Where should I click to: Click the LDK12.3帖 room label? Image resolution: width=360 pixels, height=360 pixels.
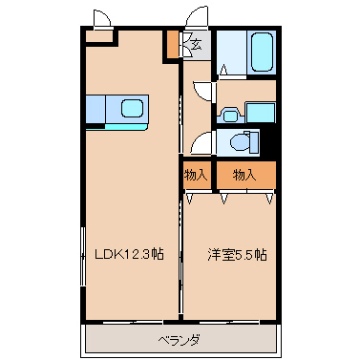pos(130,254)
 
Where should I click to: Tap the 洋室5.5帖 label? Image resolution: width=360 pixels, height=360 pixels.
pos(237,255)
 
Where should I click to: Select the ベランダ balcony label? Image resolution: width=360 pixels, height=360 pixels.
pos(180,341)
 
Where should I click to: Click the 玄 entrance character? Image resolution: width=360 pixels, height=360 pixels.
pos(197,45)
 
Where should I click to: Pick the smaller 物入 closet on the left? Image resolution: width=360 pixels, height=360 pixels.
pos(197,175)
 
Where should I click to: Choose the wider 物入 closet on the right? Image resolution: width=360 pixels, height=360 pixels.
pos(246,175)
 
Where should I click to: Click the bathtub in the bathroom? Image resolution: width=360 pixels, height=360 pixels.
pos(262,52)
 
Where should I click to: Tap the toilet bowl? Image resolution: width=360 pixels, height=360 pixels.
pos(241,142)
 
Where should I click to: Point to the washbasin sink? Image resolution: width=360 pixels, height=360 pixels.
pos(229,116)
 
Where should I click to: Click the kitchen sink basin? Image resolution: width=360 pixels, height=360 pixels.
pos(132,108)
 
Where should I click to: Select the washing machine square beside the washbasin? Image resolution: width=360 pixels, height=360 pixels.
pos(261,113)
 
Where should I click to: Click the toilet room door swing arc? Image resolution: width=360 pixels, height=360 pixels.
pos(199,140)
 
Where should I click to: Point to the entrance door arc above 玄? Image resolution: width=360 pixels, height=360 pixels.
pos(194,14)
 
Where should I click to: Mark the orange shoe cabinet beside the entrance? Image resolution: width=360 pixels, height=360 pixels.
pos(173,44)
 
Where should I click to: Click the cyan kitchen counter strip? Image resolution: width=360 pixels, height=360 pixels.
pos(126,127)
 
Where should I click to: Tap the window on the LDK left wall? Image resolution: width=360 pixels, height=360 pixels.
pos(83,257)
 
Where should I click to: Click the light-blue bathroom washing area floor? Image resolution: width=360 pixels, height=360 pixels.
pos(232,53)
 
